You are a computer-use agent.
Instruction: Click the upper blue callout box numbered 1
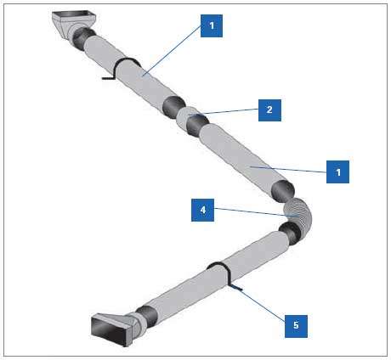(212, 26)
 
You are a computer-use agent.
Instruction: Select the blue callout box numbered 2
(269, 110)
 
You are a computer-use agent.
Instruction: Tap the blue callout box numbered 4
(202, 210)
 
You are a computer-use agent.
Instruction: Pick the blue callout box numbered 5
(296, 326)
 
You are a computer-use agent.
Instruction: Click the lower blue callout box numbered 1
(337, 172)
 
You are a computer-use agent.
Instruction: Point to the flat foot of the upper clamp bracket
(108, 78)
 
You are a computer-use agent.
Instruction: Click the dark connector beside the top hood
(82, 37)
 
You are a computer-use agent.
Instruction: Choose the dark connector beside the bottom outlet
(147, 317)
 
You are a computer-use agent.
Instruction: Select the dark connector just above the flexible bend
(283, 192)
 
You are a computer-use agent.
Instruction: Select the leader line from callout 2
(224, 112)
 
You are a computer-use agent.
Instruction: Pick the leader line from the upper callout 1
(172, 50)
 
